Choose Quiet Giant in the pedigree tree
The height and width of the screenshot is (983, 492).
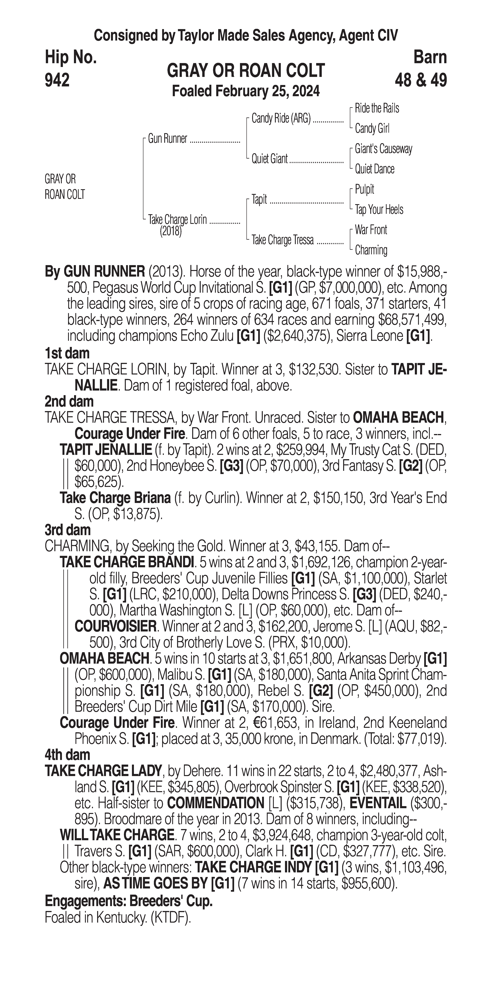[269, 159]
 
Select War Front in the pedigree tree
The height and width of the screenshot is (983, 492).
[371, 230]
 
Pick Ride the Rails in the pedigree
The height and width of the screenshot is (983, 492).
[377, 108]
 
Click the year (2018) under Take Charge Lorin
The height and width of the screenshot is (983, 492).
[171, 231]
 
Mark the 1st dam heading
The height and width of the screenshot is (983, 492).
[67, 353]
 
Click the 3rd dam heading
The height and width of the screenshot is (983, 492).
[68, 530]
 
